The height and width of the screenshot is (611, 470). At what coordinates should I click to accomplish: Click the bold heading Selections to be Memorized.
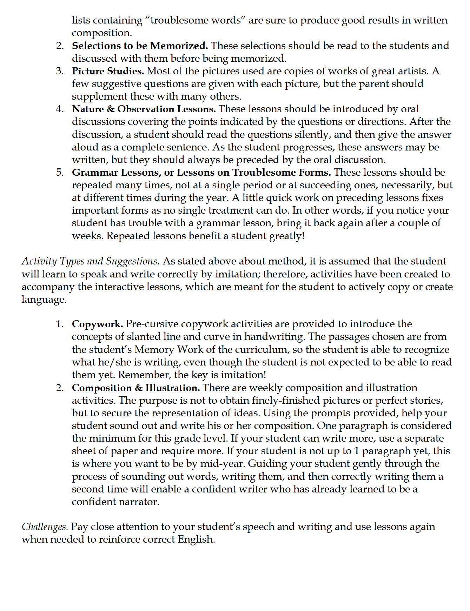140,46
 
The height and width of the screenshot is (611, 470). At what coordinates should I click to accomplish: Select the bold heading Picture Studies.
108,71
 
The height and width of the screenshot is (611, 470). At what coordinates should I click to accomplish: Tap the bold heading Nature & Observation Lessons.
144,109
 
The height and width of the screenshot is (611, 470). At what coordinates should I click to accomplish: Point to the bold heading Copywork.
97,324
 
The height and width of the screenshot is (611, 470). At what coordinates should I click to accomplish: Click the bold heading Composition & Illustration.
136,388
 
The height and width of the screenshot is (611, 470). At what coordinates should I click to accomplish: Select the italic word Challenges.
45,527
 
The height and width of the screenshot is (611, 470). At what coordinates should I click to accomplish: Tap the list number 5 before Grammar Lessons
60,173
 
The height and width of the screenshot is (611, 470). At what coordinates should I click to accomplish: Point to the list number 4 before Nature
60,109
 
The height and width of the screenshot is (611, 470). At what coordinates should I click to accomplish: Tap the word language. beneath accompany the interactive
44,300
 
